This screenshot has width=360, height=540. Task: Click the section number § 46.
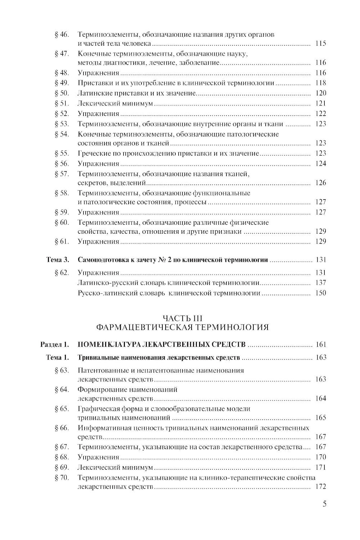pos(62,35)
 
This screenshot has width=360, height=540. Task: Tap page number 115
pos(320,44)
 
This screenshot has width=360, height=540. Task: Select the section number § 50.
pos(62,93)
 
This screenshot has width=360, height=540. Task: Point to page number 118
pos(320,83)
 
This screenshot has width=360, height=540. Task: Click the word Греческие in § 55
pos(93,153)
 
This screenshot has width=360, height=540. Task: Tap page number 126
pos(320,183)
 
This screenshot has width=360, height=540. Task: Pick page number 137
pos(320,283)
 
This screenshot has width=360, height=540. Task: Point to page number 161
pos(320,344)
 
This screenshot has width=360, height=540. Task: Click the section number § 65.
pos(62,409)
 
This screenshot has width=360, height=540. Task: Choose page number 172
pos(320,487)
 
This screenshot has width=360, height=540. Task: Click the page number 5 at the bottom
pos(324,504)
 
